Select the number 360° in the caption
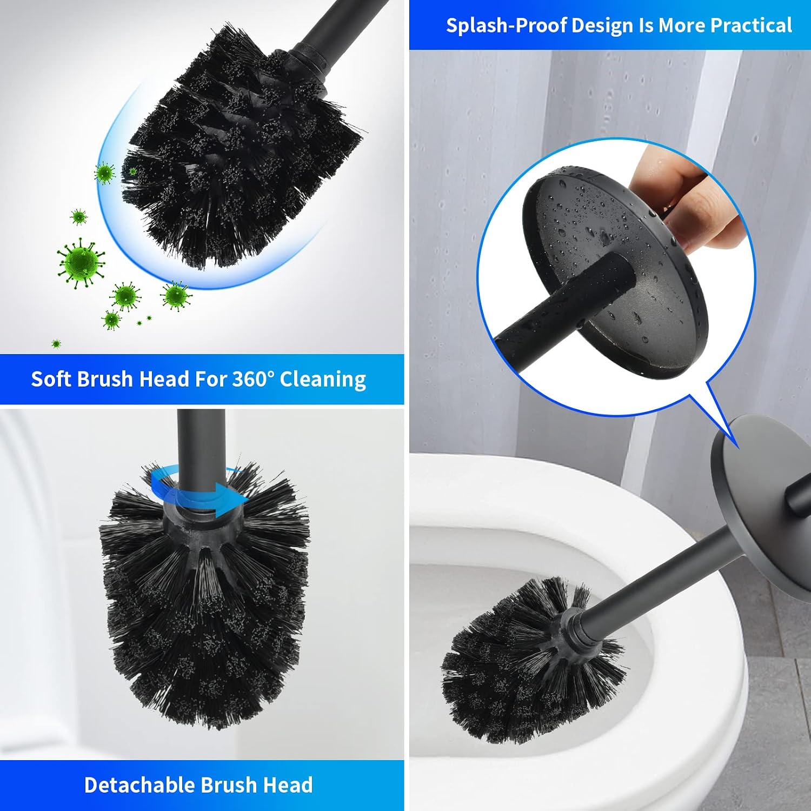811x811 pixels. (250, 378)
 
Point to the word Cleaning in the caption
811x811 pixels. (323, 380)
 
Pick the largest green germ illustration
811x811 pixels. (81, 263)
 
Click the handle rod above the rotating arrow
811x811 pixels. (201, 443)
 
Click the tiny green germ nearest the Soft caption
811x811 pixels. (56, 343)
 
